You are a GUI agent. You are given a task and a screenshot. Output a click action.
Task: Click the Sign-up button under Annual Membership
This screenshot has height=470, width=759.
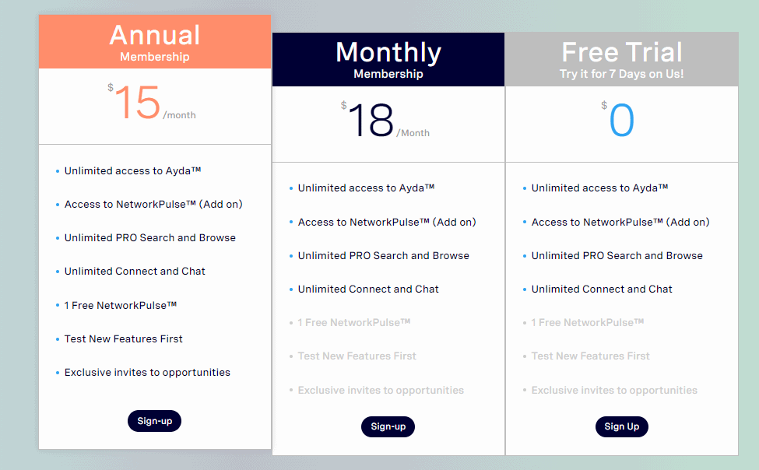pos(154,421)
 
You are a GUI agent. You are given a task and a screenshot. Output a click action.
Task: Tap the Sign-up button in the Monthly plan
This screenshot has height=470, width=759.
pos(388,426)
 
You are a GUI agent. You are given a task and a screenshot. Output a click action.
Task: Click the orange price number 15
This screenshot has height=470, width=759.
pos(137,104)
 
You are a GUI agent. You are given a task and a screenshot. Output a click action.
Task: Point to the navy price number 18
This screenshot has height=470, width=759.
pos(371,122)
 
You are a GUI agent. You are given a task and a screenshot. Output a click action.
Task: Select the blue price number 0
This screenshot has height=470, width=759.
pos(622,121)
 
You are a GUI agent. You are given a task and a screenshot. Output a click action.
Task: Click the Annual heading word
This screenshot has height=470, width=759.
pos(155,35)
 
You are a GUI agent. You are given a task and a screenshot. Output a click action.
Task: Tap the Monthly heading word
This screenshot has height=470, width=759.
pos(388,52)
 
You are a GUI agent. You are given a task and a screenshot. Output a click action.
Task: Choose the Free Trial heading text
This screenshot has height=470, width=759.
pos(622,52)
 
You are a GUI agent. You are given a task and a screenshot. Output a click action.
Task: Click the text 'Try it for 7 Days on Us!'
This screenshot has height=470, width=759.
pos(622,75)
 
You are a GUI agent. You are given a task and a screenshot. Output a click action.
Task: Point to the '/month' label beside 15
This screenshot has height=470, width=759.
pos(179,115)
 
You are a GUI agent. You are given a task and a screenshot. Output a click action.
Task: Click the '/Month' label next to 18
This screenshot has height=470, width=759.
pos(413,133)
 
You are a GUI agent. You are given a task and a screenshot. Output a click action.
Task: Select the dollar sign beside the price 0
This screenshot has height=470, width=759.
pos(604,106)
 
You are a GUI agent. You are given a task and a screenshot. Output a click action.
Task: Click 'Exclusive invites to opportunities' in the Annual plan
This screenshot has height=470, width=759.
pos(147,372)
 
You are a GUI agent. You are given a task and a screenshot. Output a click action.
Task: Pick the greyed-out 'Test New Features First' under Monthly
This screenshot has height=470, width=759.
pos(357,356)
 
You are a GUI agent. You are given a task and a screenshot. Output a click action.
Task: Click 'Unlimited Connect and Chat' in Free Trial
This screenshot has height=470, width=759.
pos(602,289)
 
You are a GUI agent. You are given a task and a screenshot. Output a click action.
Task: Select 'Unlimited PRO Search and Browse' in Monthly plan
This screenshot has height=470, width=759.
pos(383,255)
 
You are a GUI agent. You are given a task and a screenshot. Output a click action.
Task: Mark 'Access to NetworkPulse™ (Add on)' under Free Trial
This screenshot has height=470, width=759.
pos(620,222)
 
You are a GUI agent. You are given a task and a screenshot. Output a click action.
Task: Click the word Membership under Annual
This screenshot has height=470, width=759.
pos(155,57)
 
